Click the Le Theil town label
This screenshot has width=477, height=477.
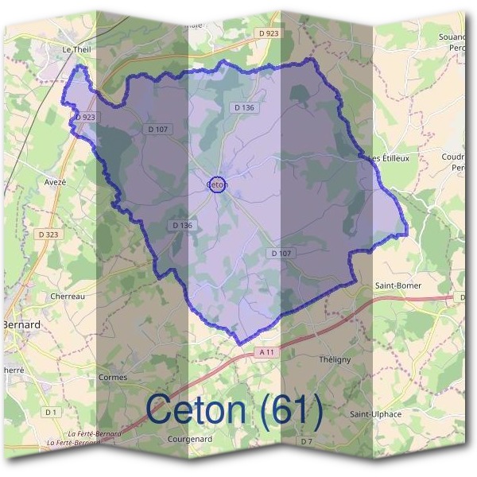point(77,48)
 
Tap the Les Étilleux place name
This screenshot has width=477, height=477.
point(390,158)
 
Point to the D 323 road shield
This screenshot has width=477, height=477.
point(47,235)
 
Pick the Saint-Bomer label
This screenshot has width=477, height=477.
point(397,285)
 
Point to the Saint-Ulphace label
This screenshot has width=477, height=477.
point(375,414)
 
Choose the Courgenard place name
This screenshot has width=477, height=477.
point(189,438)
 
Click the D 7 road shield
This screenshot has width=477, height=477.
point(307,440)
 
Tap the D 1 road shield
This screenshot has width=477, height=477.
point(51,412)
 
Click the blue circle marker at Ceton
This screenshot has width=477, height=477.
point(217,185)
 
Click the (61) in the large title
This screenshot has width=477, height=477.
point(292,410)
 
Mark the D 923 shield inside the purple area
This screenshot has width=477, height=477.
point(85,117)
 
